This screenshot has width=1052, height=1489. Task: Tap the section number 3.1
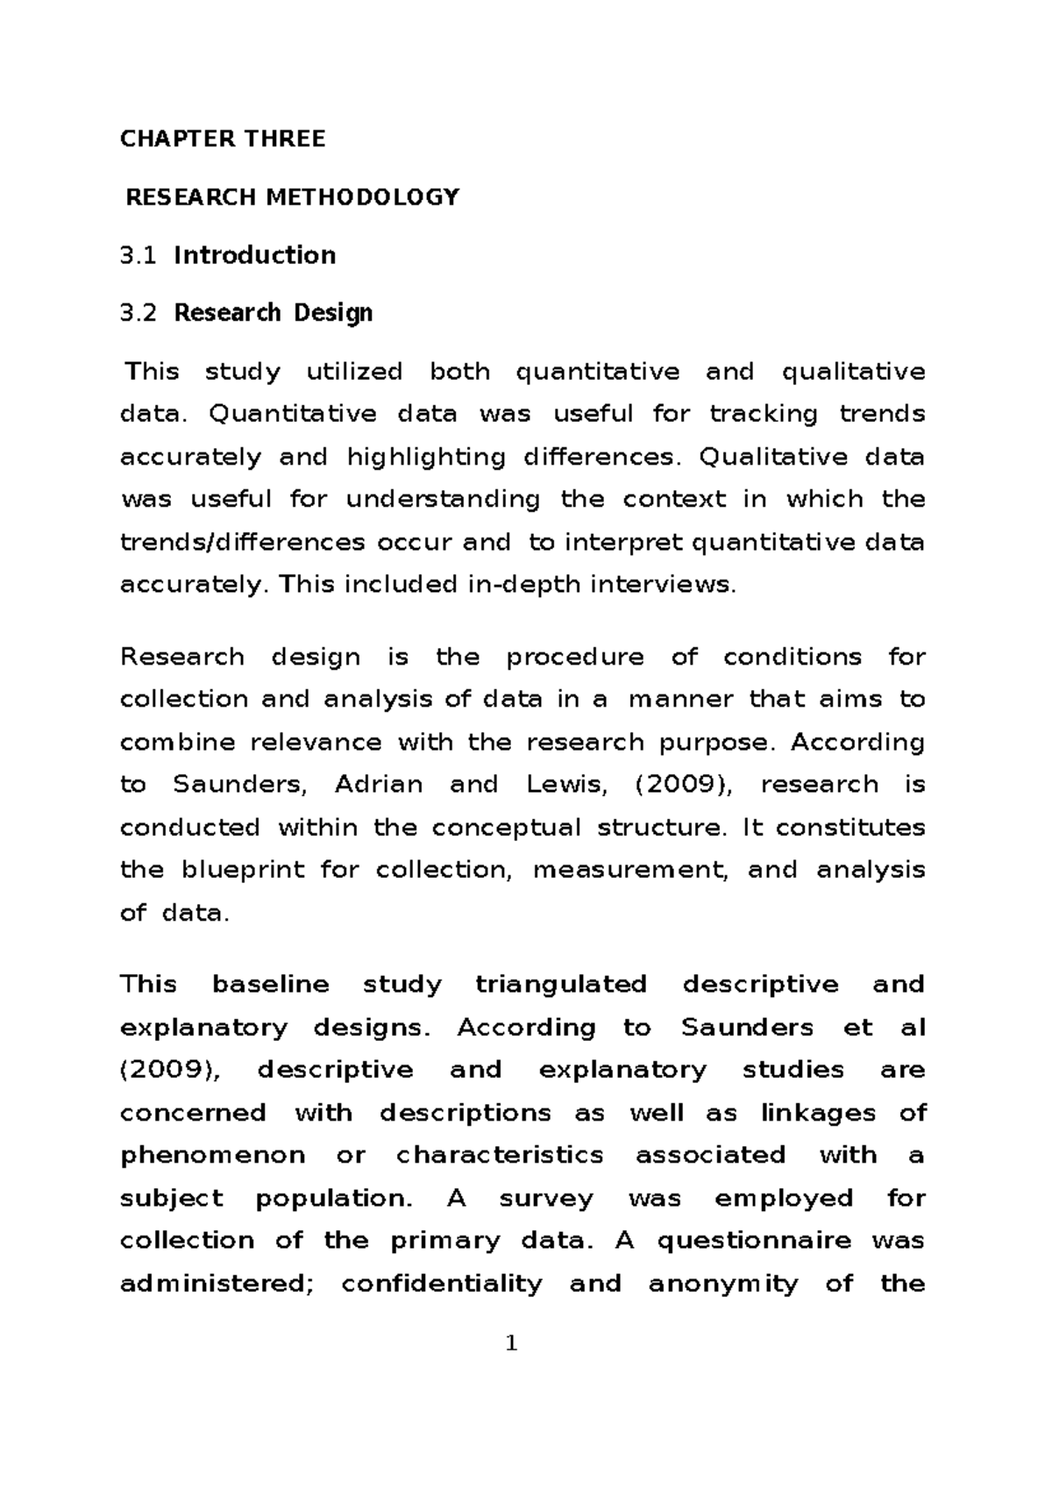click(139, 255)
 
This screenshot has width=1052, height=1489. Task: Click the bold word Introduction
click(255, 255)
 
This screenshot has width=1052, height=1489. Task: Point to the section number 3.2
click(139, 312)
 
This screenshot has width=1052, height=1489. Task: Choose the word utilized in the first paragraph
click(354, 372)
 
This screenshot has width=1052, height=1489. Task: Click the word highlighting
click(426, 457)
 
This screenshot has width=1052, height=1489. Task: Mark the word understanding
click(443, 499)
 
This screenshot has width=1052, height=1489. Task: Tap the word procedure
click(575, 657)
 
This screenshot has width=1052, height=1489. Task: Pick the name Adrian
click(379, 784)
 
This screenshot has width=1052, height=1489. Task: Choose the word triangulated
click(561, 984)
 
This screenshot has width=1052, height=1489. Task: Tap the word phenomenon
click(212, 1155)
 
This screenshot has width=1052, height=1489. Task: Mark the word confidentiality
click(442, 1284)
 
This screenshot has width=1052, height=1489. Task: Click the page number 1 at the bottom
click(512, 1343)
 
